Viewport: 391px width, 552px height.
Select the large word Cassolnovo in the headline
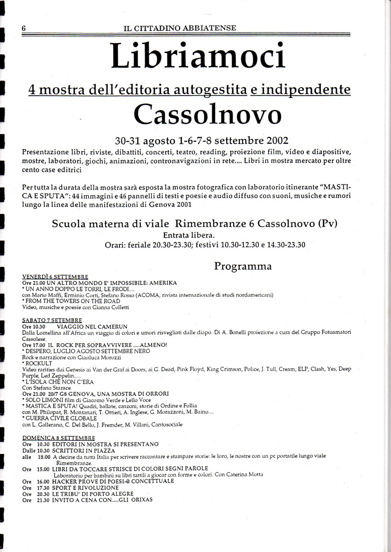[207, 114]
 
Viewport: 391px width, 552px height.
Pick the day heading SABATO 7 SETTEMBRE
[52, 321]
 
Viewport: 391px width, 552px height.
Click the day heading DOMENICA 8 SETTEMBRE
[59, 438]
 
